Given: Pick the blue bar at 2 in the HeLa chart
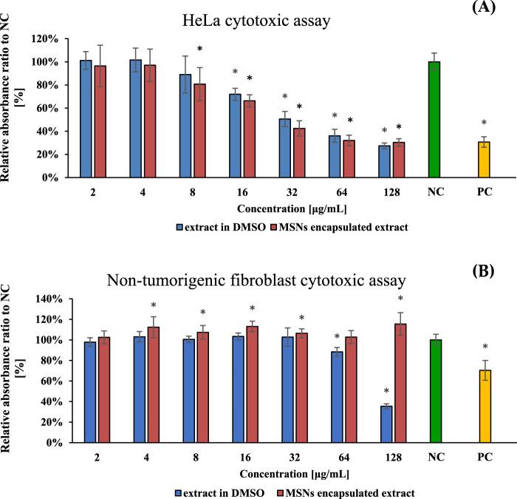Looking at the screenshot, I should click(x=86, y=119).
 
